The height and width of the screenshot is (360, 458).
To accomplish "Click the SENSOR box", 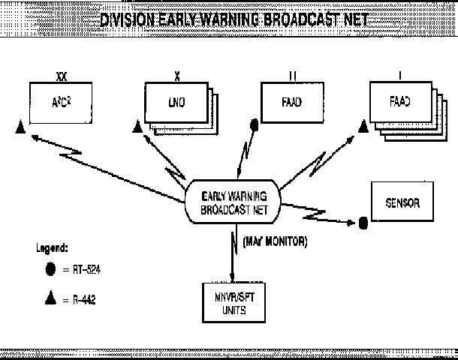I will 402,203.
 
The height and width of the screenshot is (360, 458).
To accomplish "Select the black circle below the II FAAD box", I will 254,124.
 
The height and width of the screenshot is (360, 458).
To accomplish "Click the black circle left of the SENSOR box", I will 363,222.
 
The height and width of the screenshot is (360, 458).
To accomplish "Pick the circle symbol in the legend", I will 50,268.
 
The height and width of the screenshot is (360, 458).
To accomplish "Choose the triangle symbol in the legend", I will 50,298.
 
